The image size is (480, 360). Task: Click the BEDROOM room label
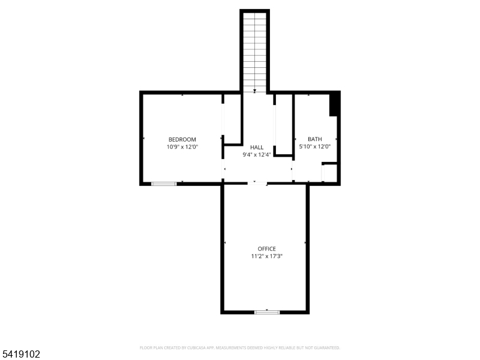(x=182, y=139)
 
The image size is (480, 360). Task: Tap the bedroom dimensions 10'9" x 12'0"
(x=182, y=146)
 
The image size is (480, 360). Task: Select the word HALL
(x=257, y=147)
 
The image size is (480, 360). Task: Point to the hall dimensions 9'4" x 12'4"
(x=257, y=154)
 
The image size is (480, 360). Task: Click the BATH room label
(x=315, y=139)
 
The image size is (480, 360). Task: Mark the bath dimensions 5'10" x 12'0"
(x=315, y=146)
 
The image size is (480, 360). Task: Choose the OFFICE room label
(x=267, y=249)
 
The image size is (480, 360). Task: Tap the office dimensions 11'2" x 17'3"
(x=267, y=256)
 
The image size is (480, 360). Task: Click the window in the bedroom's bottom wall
(x=164, y=184)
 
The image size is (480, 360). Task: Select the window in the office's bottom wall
(x=267, y=312)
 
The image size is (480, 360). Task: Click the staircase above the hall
(x=255, y=51)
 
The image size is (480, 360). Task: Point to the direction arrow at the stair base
(x=255, y=91)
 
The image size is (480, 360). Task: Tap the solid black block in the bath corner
(x=334, y=104)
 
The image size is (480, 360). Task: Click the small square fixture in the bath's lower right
(x=329, y=172)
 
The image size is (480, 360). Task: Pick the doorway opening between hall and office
(x=258, y=183)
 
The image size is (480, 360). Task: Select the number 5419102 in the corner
(x=20, y=355)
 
